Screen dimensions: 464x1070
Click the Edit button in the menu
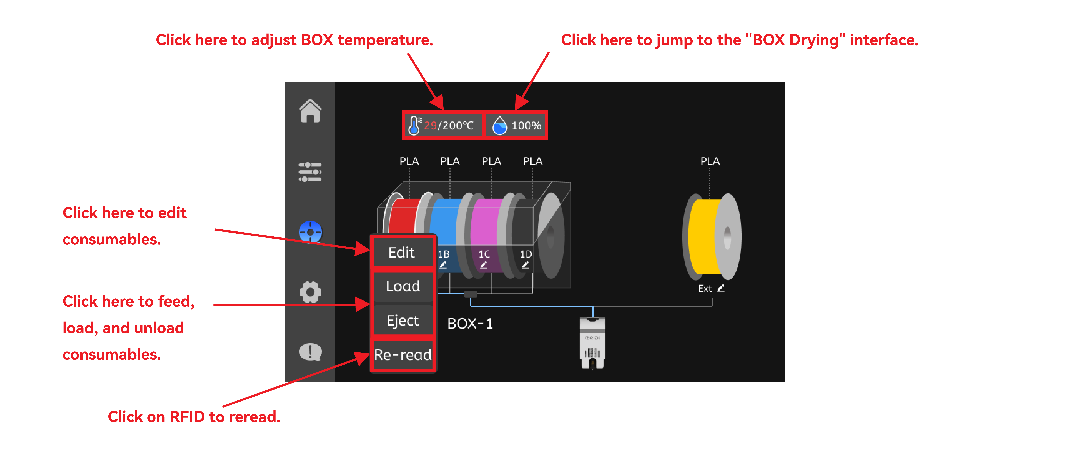(x=402, y=252)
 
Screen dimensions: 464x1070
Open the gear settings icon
(x=310, y=292)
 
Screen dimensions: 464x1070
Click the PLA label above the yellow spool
(x=710, y=161)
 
